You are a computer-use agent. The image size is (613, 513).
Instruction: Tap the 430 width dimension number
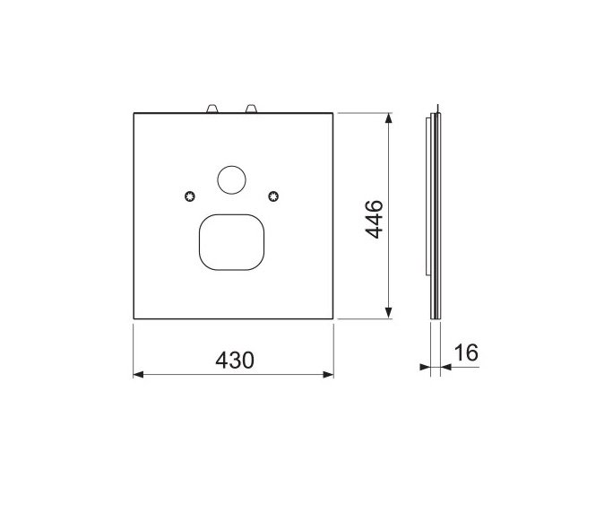pyautogui.click(x=234, y=360)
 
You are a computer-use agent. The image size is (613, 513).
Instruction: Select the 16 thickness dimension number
pyautogui.click(x=465, y=352)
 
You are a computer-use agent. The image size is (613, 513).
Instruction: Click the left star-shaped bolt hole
pyautogui.click(x=188, y=197)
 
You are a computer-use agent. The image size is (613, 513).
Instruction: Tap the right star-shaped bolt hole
pyautogui.click(x=274, y=197)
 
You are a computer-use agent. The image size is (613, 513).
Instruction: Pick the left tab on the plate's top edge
pyautogui.click(x=212, y=109)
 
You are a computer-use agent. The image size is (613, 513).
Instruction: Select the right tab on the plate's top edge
pyautogui.click(x=252, y=109)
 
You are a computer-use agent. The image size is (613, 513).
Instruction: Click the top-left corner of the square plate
pyautogui.click(x=134, y=113)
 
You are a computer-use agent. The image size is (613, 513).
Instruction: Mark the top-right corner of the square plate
pyautogui.click(x=333, y=113)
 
